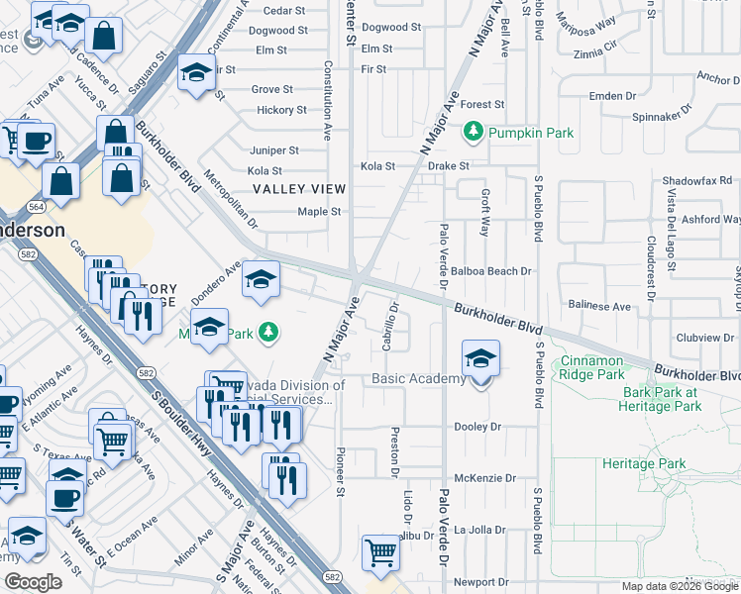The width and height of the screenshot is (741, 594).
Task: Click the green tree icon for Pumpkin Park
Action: point(475,132)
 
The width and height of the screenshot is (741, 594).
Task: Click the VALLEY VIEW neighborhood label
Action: point(298,188)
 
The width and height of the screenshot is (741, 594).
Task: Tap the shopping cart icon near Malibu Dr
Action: point(380,552)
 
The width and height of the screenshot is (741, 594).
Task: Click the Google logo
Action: point(34,581)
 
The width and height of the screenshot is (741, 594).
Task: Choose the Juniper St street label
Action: point(274,150)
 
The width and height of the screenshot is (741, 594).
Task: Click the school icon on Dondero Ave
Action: point(261,280)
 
